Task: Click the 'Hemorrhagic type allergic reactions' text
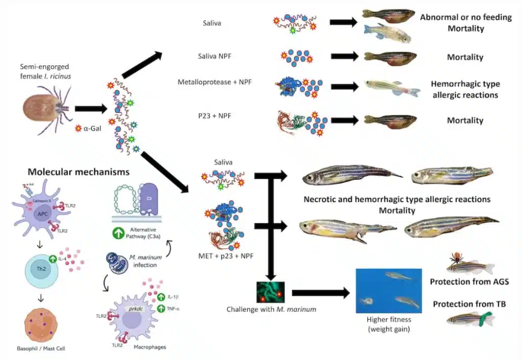[465, 89]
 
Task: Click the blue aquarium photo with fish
[389, 291]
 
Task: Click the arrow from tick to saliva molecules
[90, 109]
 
